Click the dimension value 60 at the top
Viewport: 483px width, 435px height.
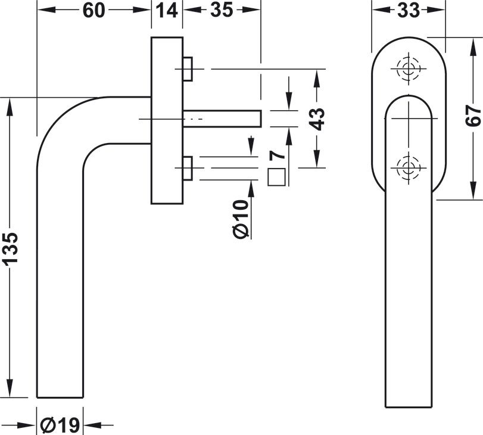(94, 11)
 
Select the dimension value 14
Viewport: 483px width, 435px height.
(167, 11)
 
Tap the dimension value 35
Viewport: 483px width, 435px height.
(222, 11)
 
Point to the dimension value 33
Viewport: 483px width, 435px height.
(409, 11)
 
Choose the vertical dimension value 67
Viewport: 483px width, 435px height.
(473, 116)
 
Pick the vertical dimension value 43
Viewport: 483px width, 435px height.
(317, 119)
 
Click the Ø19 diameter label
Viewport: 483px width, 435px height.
(60, 425)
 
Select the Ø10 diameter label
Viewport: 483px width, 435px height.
(241, 219)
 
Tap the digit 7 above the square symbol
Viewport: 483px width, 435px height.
(277, 155)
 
